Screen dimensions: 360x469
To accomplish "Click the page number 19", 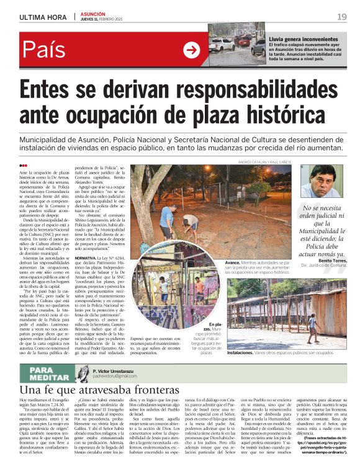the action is click(x=341, y=16).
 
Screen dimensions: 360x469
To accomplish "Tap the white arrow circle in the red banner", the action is click(x=191, y=50).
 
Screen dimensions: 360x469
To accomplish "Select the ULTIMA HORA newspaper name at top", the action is click(x=42, y=17).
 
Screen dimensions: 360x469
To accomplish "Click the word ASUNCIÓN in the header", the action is click(x=92, y=13).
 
